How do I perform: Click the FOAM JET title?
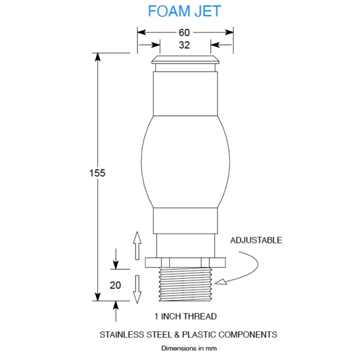coord(184,11)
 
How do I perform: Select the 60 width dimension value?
coord(184,32)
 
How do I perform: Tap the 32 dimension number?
coord(184,45)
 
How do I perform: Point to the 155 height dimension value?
coord(97,173)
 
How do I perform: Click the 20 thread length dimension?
coord(115,286)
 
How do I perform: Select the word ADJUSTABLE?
coord(256,240)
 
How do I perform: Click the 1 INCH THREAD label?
coord(185,316)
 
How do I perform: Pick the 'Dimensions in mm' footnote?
coord(189,348)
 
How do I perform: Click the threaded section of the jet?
coord(185,284)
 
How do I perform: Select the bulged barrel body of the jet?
coord(185,162)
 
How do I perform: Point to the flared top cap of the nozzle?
coord(185,59)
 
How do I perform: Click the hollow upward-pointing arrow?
coord(137,245)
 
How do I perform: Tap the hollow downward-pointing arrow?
coord(137,289)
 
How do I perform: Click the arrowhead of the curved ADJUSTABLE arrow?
coord(221,282)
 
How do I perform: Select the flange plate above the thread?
coord(185,263)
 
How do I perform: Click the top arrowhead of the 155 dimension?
coord(98,57)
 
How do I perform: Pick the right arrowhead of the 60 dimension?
coord(229,32)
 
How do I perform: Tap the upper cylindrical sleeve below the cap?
coord(185,94)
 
